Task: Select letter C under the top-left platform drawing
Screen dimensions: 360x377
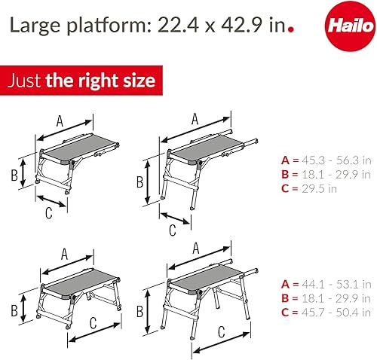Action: (48, 212)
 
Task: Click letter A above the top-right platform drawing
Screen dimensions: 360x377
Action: (194, 117)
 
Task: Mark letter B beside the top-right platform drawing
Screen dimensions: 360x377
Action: (139, 182)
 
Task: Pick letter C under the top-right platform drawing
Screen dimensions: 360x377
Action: (172, 228)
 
